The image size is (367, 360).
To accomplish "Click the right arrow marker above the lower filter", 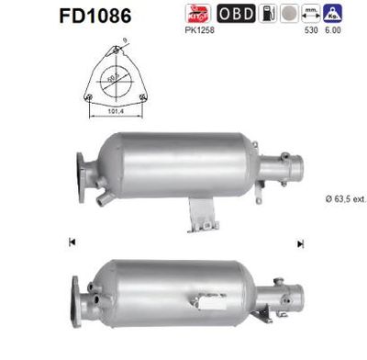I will (x=299, y=242).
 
